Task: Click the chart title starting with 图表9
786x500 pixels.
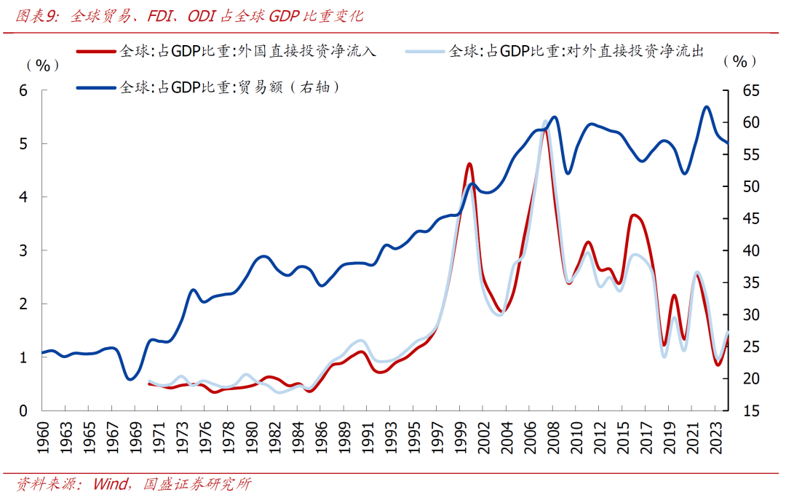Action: click(x=189, y=15)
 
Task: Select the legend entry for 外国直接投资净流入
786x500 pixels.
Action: click(x=247, y=51)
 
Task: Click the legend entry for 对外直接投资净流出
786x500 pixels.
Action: click(x=576, y=51)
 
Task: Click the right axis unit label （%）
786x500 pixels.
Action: click(x=739, y=62)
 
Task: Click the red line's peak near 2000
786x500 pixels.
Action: click(x=469, y=164)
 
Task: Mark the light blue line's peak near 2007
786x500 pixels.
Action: click(x=545, y=122)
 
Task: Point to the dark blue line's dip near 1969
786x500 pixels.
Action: click(x=130, y=379)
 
